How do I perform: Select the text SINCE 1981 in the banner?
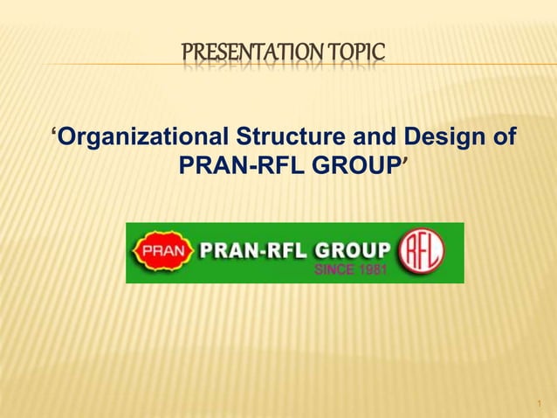point(349,268)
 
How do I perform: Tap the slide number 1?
point(540,404)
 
